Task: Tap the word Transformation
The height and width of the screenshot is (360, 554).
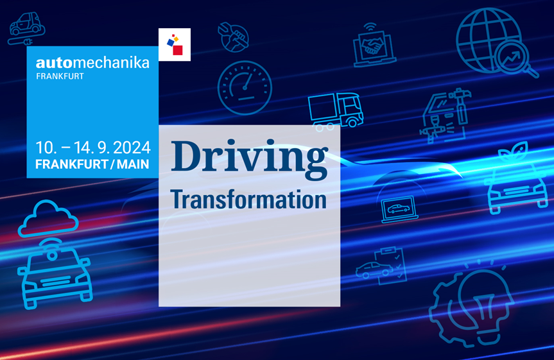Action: (248, 200)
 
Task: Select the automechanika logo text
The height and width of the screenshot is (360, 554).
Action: (92, 63)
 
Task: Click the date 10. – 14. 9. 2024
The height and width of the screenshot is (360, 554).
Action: (93, 148)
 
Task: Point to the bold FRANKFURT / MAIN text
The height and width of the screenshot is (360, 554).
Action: (92, 164)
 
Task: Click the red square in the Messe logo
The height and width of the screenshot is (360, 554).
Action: (178, 50)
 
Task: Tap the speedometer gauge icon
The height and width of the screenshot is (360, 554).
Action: (245, 88)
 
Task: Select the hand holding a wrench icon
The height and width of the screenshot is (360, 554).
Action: (233, 37)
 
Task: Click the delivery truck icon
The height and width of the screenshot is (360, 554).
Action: (336, 111)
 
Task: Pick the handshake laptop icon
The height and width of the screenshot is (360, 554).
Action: (374, 46)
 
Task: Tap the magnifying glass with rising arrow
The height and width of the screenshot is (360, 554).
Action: (516, 60)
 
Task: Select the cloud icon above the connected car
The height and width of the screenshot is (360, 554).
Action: (48, 219)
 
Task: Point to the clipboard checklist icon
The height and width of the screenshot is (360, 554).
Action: (390, 266)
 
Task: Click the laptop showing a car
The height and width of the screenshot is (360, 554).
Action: (399, 209)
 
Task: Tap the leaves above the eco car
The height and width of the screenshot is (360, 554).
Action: (514, 152)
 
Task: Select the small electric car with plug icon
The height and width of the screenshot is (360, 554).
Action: (26, 29)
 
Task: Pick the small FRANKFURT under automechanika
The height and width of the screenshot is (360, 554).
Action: (60, 76)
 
